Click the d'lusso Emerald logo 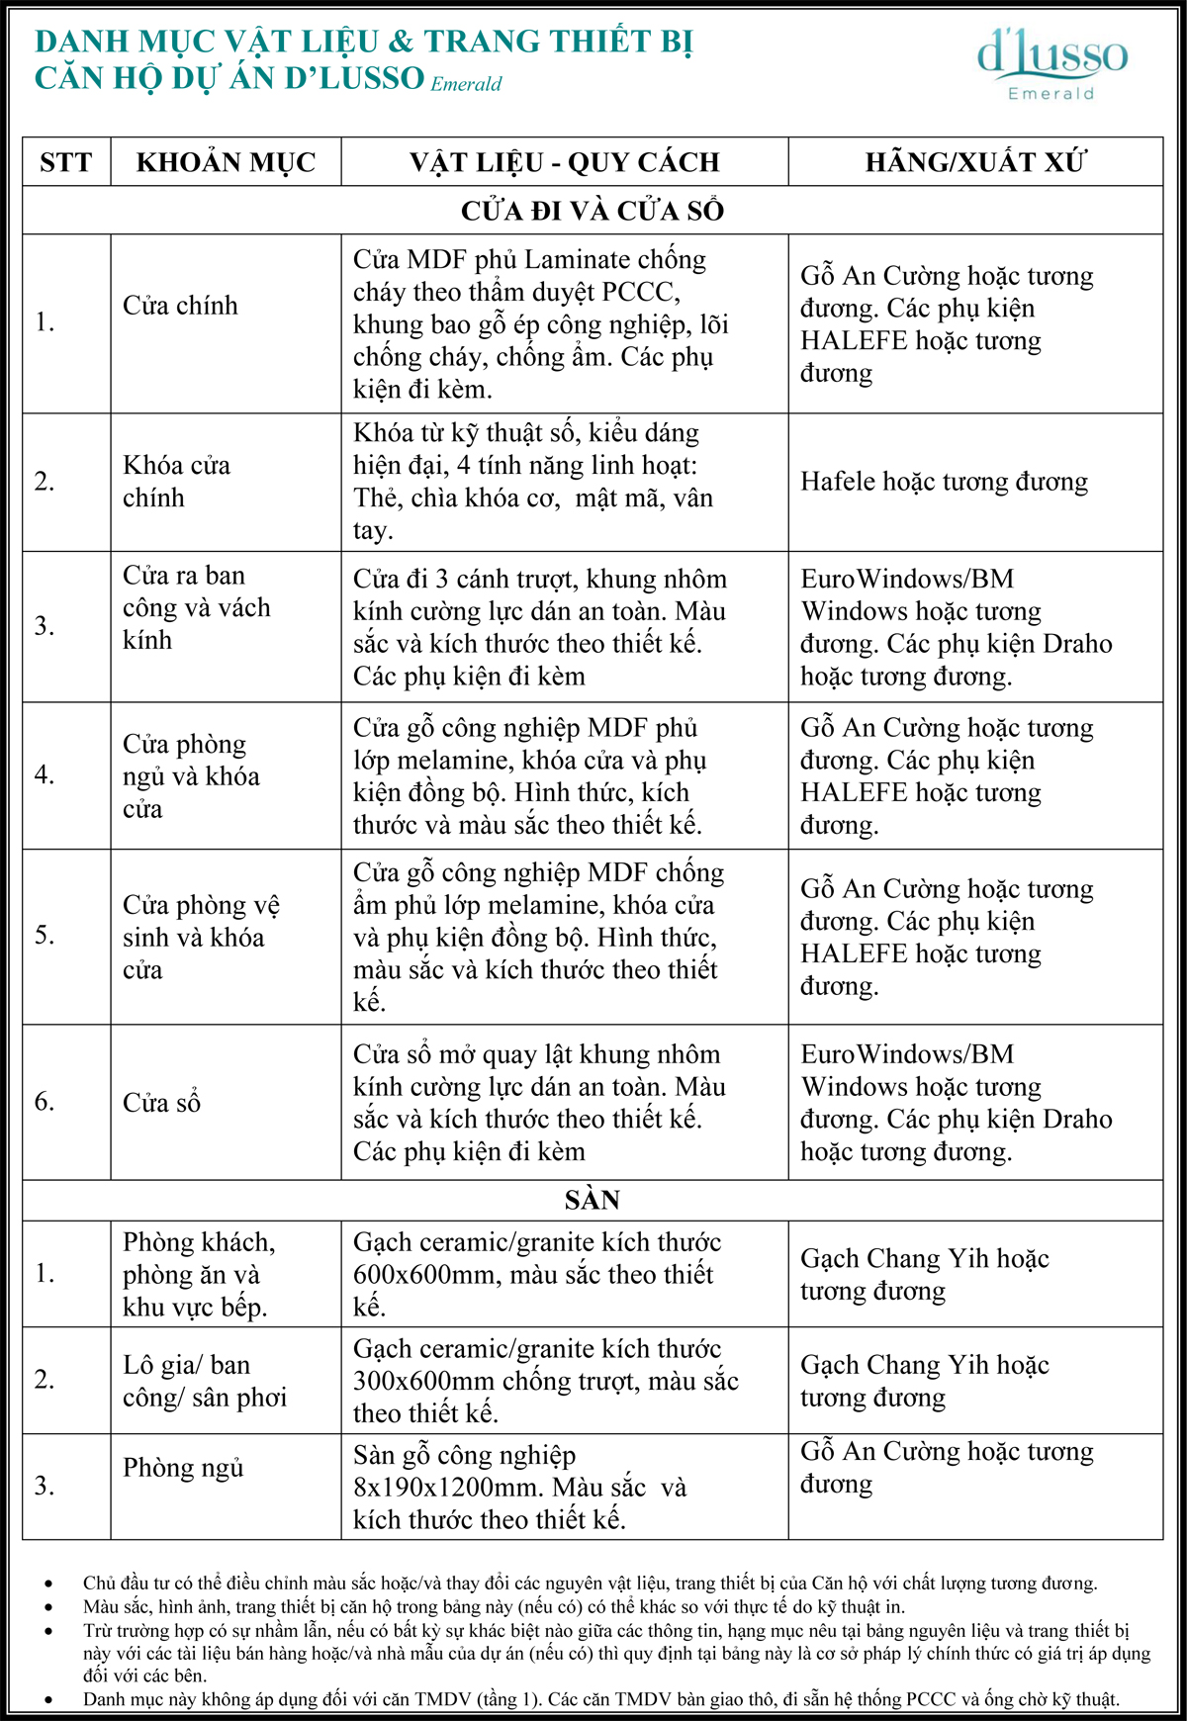tap(1051, 63)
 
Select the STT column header tap(66, 162)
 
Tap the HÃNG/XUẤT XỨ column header tap(975, 162)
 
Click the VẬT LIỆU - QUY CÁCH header tap(565, 162)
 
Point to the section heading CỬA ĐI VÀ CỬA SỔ tap(593, 211)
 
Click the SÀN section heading tap(593, 1201)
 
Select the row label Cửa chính tap(180, 306)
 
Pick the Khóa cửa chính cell tap(176, 482)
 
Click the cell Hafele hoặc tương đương tap(944, 482)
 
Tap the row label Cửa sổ tap(161, 1103)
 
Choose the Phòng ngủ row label tap(183, 1469)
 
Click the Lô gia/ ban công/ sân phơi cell tap(204, 1381)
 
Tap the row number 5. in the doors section tap(45, 935)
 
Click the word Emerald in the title tap(466, 84)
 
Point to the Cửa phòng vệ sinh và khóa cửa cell tap(201, 937)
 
